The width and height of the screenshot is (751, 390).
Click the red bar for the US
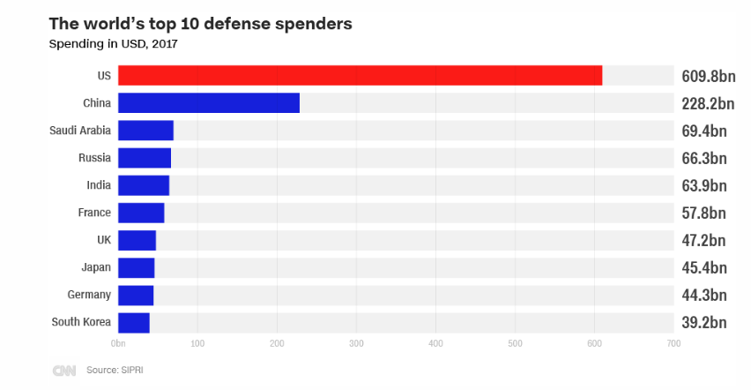tap(360, 76)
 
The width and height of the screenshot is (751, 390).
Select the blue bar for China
tap(208, 103)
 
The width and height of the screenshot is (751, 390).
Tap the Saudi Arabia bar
tap(145, 131)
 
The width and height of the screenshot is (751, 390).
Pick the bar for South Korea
tap(134, 322)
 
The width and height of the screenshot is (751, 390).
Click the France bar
tap(141, 213)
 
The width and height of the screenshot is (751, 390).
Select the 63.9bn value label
tap(704, 185)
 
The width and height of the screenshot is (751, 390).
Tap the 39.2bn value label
tap(704, 322)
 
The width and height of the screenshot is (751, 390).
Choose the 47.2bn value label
tap(704, 240)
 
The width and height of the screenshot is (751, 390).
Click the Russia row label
tap(94, 158)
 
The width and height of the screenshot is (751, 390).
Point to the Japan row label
tap(95, 267)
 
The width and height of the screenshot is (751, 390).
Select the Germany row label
tap(89, 295)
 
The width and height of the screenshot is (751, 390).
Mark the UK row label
tap(103, 240)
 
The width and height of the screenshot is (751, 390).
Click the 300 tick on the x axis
tap(356, 342)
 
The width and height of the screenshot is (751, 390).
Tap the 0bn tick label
tap(118, 342)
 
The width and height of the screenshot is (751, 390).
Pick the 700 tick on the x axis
tap(673, 342)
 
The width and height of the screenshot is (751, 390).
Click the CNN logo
tap(64, 371)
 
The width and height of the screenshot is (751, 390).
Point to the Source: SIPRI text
tap(115, 371)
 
